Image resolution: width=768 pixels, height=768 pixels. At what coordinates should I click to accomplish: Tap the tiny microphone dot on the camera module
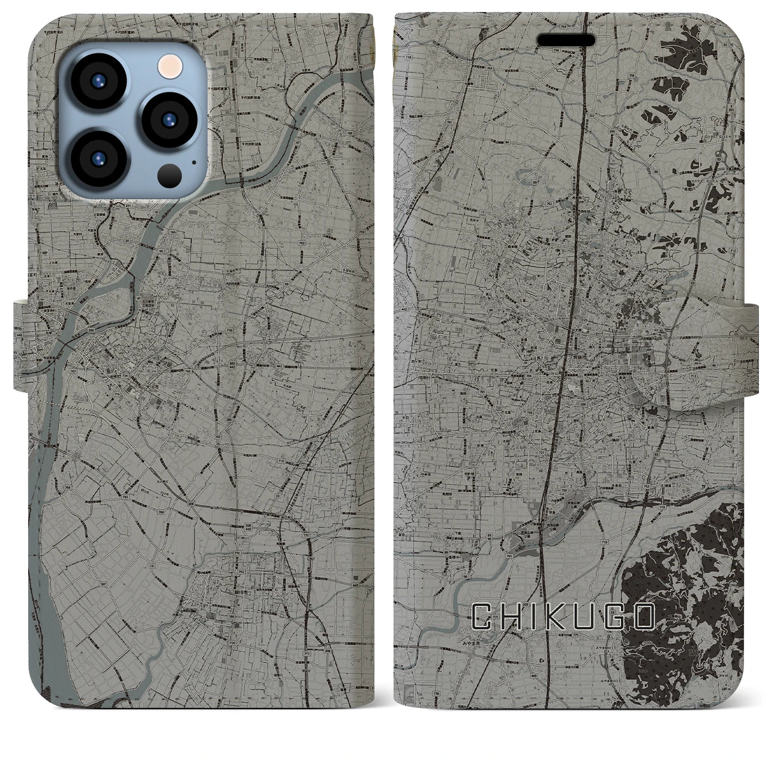(x=193, y=161)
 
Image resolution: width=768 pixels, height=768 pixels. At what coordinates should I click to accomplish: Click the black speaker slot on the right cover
(x=566, y=39)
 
